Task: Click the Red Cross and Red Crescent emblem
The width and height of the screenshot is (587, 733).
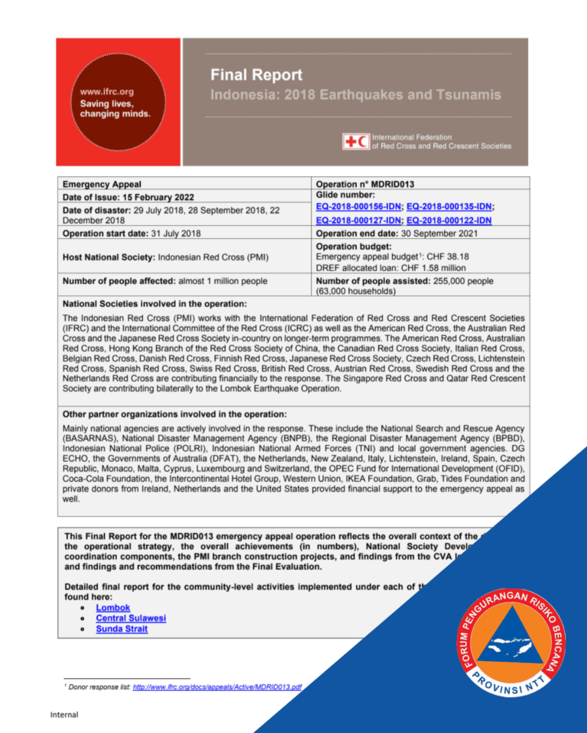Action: click(356, 140)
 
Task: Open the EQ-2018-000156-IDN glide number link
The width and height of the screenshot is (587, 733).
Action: click(358, 206)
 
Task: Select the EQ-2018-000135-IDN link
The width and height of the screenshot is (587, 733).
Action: click(450, 206)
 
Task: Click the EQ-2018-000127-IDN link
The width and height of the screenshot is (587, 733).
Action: click(358, 220)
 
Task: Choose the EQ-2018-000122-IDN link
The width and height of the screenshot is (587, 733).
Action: click(449, 220)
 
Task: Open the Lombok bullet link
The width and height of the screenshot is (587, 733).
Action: click(112, 607)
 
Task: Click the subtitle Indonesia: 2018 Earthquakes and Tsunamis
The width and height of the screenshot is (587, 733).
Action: click(356, 95)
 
